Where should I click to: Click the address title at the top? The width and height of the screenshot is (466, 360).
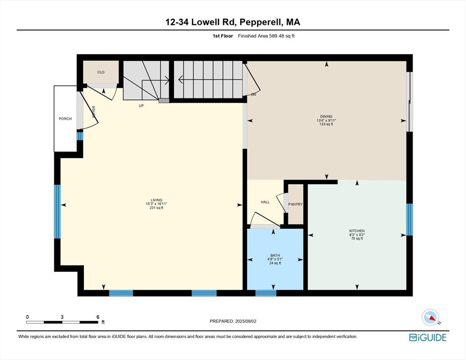coord(233,22)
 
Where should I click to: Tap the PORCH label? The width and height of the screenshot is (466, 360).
coord(65,119)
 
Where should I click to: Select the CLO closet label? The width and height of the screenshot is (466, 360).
coord(101,72)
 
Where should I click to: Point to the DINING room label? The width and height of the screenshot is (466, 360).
coord(326,117)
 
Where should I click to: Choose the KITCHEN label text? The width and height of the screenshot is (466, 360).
coord(356,231)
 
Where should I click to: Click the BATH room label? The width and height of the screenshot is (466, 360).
coord(275,255)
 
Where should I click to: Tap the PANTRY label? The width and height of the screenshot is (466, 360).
coord(295,204)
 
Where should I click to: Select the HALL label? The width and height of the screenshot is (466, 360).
coord(265,202)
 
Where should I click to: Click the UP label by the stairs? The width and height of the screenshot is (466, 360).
coord(141,106)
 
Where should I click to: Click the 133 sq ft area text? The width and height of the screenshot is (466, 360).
coord(326,124)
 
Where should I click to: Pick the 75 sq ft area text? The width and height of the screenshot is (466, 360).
coord(356,239)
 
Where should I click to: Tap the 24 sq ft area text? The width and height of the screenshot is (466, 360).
coord(275,263)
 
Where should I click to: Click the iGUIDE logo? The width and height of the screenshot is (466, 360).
coord(428,337)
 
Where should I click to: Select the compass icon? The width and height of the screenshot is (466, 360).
coord(430,317)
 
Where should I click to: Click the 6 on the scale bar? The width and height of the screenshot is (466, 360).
coord(98,317)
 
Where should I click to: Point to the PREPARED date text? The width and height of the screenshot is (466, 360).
coord(233,321)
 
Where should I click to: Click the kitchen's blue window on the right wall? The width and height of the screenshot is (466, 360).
coord(409,219)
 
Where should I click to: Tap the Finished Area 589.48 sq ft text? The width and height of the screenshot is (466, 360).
coord(266,36)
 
